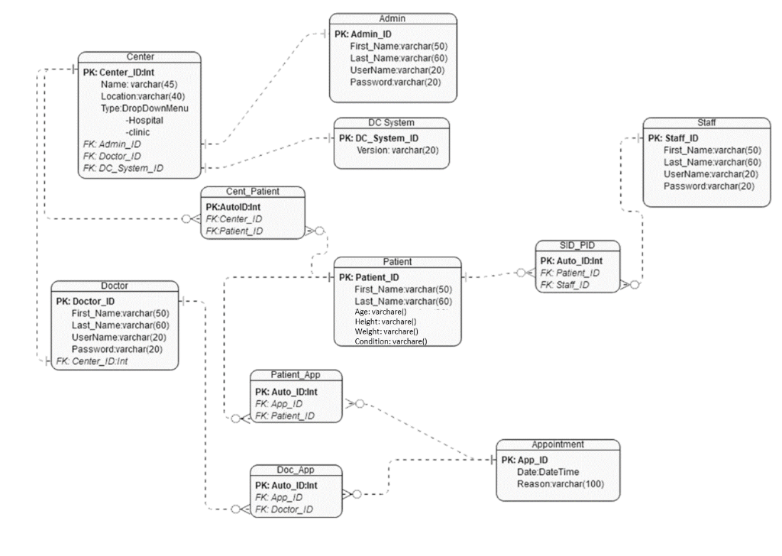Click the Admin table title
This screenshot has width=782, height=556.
click(x=393, y=18)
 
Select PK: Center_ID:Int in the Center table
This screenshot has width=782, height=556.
click(x=124, y=72)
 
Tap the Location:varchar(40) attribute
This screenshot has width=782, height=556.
click(x=143, y=96)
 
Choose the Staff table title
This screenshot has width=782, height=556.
click(x=706, y=122)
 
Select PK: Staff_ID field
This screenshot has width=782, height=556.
click(x=674, y=138)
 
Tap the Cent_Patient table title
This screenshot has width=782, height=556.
click(x=253, y=192)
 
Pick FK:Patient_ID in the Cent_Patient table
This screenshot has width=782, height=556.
click(x=234, y=230)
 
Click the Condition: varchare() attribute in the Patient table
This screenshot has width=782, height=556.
click(x=390, y=341)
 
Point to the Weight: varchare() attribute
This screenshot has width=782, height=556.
click(x=386, y=331)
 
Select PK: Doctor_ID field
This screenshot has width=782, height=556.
click(x=86, y=301)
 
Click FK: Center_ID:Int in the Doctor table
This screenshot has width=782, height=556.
click(x=92, y=360)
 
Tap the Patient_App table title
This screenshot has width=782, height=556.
click(x=296, y=375)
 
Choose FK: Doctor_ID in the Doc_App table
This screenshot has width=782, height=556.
click(x=284, y=509)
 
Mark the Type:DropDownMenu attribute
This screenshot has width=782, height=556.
click(x=144, y=108)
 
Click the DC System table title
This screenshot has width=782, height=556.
click(x=391, y=122)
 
